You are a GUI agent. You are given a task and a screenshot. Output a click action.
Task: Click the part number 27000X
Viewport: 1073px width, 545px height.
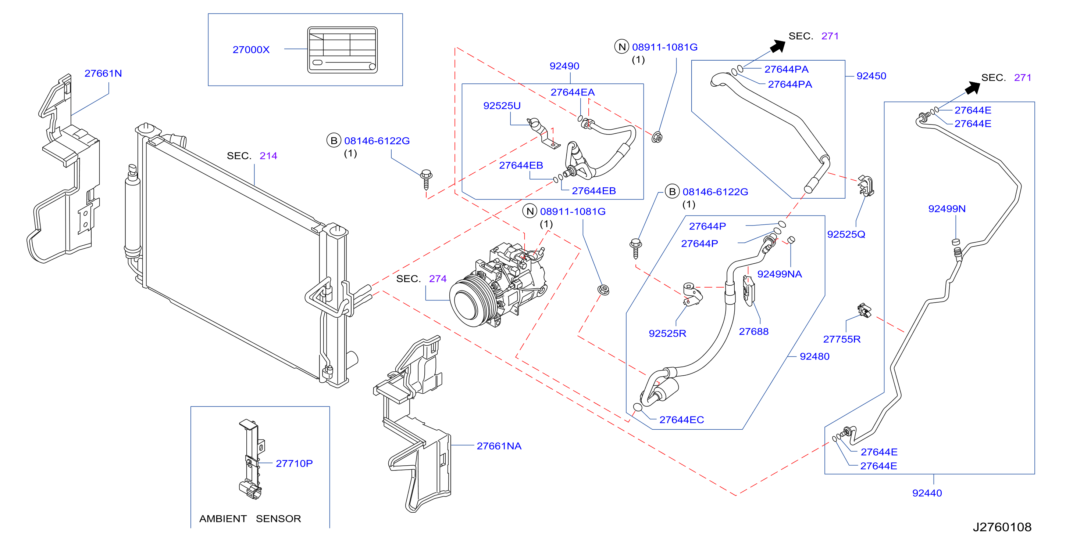pos(251,50)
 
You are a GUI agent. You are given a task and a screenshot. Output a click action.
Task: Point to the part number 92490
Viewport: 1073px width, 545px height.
pos(564,66)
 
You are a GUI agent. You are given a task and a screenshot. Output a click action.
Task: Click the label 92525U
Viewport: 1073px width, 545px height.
pos(502,106)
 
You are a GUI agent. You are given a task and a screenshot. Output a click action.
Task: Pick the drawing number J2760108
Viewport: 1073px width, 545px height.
pos(1002,527)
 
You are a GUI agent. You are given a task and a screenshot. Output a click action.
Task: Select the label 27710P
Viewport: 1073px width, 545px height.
pos(294,463)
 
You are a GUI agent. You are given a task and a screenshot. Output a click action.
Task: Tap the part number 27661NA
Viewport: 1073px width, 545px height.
pos(499,445)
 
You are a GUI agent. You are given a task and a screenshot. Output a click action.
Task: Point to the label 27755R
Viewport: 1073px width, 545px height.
pos(841,339)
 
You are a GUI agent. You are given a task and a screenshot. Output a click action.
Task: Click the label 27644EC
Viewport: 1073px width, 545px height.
pos(681,419)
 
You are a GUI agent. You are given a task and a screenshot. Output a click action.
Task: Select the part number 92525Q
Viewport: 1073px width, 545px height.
pos(846,234)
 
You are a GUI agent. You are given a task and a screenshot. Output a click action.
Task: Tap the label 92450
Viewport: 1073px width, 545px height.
pos(871,76)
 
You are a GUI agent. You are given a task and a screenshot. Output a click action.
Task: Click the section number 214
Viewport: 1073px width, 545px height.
pos(268,156)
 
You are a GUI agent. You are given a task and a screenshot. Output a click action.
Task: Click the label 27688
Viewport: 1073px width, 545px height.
pos(753,331)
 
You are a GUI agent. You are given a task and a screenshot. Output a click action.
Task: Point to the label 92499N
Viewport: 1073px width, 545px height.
pos(947,209)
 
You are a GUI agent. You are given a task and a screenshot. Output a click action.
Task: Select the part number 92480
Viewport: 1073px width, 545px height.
pos(814,356)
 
